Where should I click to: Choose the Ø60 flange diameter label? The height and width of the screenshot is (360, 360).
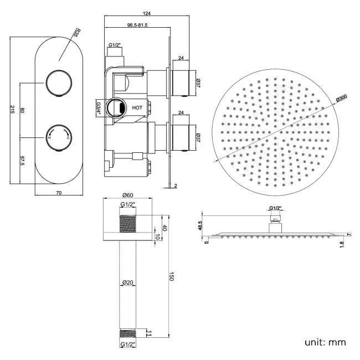pyautogui.click(x=127, y=195)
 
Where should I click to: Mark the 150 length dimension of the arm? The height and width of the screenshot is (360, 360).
pyautogui.click(x=172, y=277)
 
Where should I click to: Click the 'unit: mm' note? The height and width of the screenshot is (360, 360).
pyautogui.click(x=325, y=342)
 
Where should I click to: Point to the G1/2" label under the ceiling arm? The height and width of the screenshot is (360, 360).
pyautogui.click(x=129, y=344)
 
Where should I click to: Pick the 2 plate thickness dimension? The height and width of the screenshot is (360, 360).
pyautogui.click(x=176, y=186)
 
